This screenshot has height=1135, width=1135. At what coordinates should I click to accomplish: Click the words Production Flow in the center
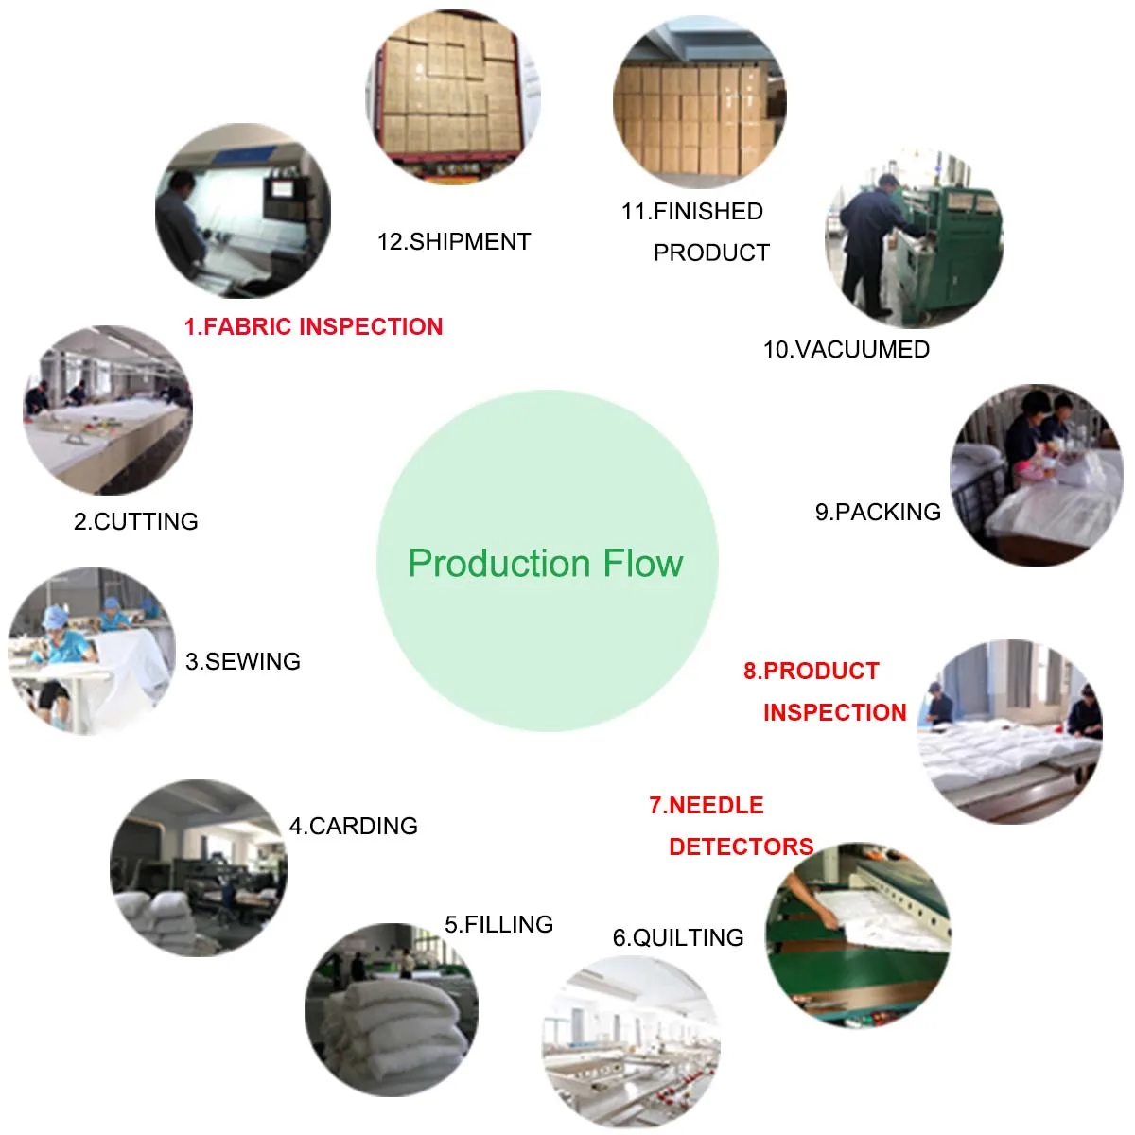(546, 564)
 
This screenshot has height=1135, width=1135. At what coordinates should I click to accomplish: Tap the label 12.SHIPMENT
(454, 242)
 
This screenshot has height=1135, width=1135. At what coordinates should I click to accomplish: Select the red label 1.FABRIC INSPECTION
(313, 327)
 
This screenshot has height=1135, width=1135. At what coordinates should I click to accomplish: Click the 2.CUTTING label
(136, 522)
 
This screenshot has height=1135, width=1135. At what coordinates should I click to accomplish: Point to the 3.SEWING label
(243, 662)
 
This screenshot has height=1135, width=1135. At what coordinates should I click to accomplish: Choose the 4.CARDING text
(354, 827)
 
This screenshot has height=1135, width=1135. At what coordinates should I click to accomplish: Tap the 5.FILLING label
(499, 925)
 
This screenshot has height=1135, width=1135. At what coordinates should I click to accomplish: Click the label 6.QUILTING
(678, 938)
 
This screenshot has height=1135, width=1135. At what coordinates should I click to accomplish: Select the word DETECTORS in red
(741, 847)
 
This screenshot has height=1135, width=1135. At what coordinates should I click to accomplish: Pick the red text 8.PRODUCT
(812, 672)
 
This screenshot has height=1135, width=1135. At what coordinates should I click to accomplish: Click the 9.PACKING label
(878, 513)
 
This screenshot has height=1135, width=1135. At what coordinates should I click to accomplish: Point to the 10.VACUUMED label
(847, 350)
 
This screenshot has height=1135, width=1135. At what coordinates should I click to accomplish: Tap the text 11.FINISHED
(692, 212)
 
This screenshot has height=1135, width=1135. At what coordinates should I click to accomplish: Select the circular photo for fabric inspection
(243, 211)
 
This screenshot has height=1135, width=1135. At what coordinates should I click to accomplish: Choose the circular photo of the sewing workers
(91, 651)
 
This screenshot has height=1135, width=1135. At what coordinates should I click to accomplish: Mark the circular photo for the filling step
(392, 1009)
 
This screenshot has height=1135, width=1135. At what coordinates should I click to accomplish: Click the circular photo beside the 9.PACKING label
(1036, 475)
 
